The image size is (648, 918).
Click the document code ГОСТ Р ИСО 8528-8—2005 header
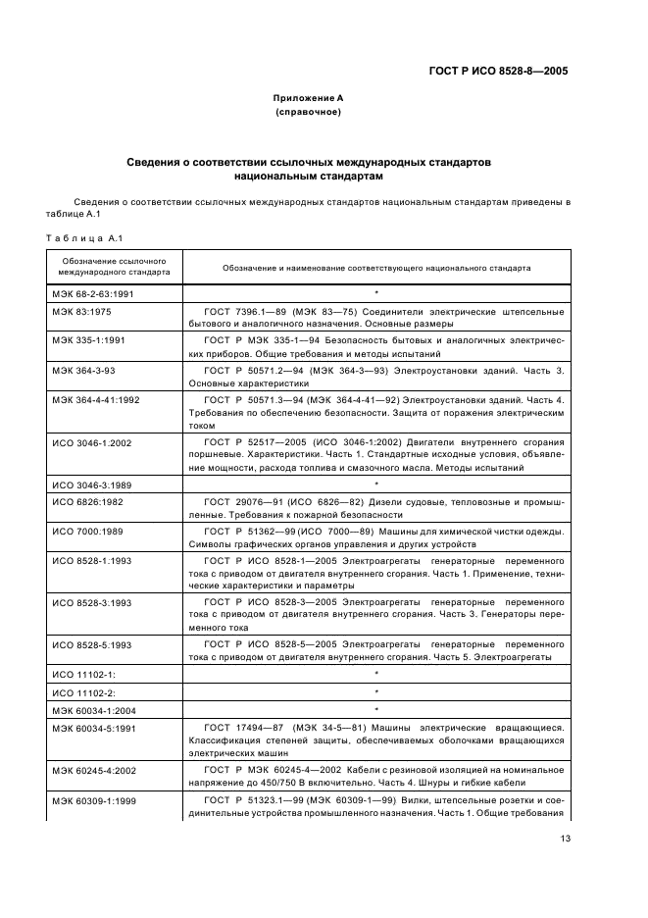pyautogui.click(x=498, y=71)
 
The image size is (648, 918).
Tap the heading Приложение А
pyautogui.click(x=308, y=99)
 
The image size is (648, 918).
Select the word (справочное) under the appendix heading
pyautogui.click(x=308, y=113)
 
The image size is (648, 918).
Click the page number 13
pyautogui.click(x=566, y=838)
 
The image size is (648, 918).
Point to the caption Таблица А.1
pyautogui.click(x=82, y=238)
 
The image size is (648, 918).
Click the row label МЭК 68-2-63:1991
pyautogui.click(x=94, y=292)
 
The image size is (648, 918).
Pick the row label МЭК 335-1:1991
pyautogui.click(x=88, y=339)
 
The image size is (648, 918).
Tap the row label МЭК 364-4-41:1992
pyautogui.click(x=95, y=400)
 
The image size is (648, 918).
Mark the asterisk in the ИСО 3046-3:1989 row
pyautogui.click(x=375, y=484)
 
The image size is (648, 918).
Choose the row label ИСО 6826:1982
pyautogui.click(x=87, y=501)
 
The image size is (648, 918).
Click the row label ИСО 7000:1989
pyautogui.click(x=87, y=531)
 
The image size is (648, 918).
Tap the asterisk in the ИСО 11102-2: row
pyautogui.click(x=375, y=691)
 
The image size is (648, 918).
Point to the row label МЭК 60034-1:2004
pyautogui.click(x=94, y=709)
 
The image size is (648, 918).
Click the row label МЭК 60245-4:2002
pyautogui.click(x=94, y=770)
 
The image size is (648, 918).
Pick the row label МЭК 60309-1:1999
pyautogui.click(x=94, y=801)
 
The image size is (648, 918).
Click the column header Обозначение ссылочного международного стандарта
pyautogui.click(x=110, y=267)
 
